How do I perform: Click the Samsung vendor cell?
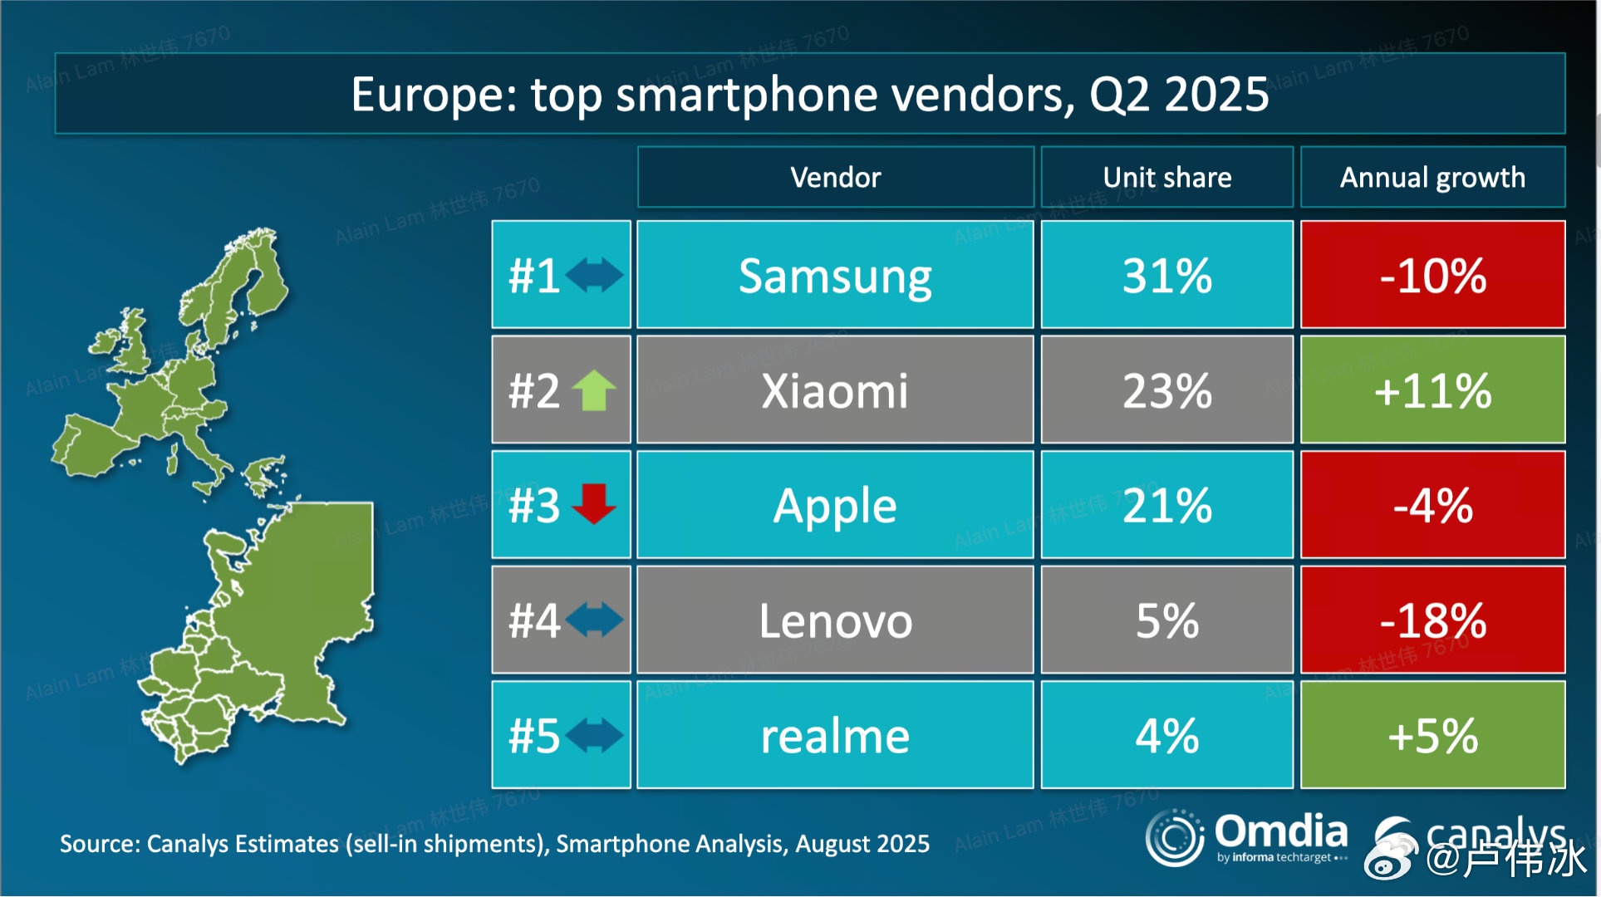point(835,276)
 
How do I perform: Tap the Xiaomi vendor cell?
point(835,390)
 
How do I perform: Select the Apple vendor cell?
point(835,506)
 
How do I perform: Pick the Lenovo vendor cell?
point(835,620)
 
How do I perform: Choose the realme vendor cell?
point(835,736)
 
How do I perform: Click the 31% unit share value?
point(1166,276)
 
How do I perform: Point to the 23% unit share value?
point(1166,390)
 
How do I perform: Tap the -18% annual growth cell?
point(1432,620)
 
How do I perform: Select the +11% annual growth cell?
point(1432,390)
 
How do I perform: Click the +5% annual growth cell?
point(1432,736)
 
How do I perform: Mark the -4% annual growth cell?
point(1432,506)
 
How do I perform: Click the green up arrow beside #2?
point(594,390)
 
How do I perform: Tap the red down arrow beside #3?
point(594,504)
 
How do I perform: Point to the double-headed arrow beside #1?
point(594,275)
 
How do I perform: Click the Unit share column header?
point(1166,177)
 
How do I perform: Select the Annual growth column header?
point(1432,177)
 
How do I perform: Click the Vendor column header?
point(835,177)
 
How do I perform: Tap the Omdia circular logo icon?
point(1175,837)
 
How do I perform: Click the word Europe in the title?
point(433,94)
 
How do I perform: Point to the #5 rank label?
point(533,736)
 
